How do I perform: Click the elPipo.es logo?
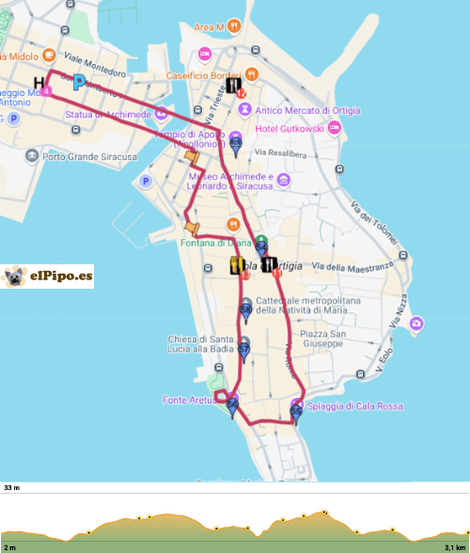(x=48, y=276)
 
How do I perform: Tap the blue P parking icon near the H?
(x=79, y=82)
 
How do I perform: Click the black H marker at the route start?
(x=39, y=82)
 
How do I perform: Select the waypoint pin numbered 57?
(x=243, y=347)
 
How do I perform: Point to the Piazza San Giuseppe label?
(x=325, y=339)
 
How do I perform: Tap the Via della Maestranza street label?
(x=352, y=268)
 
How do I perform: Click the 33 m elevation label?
(x=11, y=489)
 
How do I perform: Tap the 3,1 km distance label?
(x=455, y=546)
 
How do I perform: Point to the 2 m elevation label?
(x=9, y=546)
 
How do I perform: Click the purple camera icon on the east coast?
(x=416, y=324)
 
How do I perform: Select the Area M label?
(x=211, y=27)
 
